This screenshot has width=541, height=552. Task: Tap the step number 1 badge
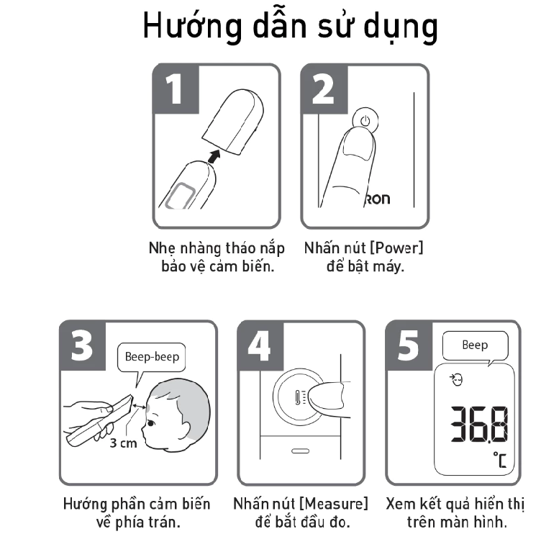pyautogui.click(x=176, y=89)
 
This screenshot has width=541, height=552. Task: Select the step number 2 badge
pyautogui.click(x=324, y=89)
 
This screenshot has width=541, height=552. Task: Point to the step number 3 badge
pyautogui.click(x=82, y=345)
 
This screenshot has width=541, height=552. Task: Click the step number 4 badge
pyautogui.click(x=260, y=345)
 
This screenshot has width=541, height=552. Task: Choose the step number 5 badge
pyautogui.click(x=409, y=345)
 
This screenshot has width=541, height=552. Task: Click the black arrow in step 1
pyautogui.click(x=214, y=156)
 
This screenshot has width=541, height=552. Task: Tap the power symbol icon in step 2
pyautogui.click(x=365, y=121)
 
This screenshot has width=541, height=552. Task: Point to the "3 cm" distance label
pyautogui.click(x=123, y=443)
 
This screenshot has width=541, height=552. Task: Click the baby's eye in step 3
pyautogui.click(x=150, y=423)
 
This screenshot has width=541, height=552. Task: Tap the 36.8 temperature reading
pyautogui.click(x=480, y=424)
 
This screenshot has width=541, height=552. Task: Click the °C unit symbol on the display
pyautogui.click(x=500, y=460)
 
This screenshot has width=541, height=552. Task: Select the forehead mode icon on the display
pyautogui.click(x=456, y=380)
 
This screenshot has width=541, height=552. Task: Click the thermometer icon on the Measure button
pyautogui.click(x=299, y=398)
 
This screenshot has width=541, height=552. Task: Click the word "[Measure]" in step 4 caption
pyautogui.click(x=334, y=504)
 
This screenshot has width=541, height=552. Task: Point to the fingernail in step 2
pyautogui.click(x=358, y=145)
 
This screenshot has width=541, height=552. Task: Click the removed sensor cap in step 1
pyautogui.click(x=233, y=122)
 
